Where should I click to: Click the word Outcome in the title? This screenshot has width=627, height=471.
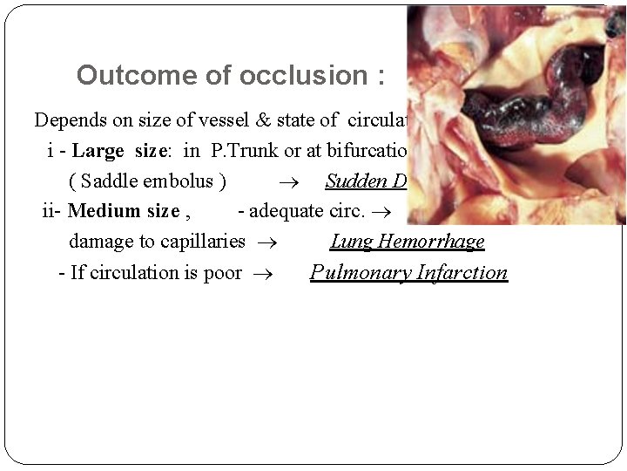(x=119, y=75)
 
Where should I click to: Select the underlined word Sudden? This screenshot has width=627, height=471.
(x=354, y=181)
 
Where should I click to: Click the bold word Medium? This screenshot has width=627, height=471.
(x=101, y=211)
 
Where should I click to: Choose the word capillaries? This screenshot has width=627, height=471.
(x=202, y=242)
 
